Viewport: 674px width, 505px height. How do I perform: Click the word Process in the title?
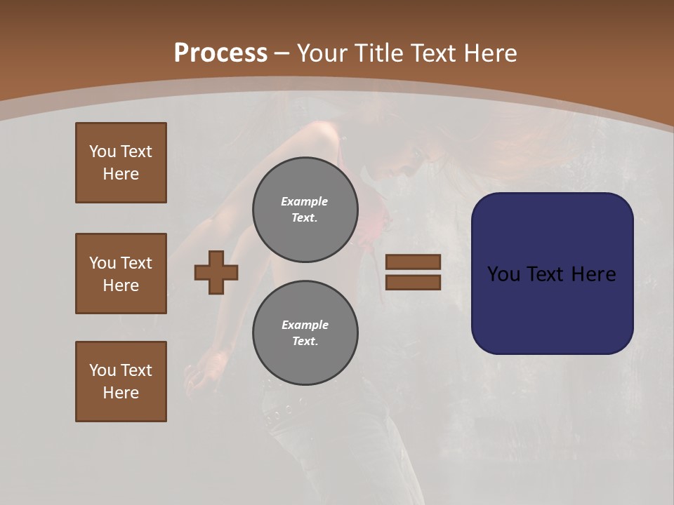tap(220, 53)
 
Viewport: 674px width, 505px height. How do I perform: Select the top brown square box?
tap(121, 163)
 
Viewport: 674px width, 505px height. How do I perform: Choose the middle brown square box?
tap(121, 274)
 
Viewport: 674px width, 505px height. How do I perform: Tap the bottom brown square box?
tap(121, 382)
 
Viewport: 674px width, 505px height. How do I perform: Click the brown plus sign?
tap(216, 272)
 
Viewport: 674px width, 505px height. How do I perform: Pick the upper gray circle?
tap(305, 210)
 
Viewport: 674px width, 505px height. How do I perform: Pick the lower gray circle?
tap(305, 333)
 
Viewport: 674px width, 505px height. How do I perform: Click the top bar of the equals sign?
tap(413, 262)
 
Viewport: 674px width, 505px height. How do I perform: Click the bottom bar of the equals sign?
tap(413, 282)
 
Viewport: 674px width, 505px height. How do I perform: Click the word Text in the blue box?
tap(547, 274)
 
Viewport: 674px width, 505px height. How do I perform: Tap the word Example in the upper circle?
tap(304, 201)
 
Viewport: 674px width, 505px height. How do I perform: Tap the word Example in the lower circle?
tap(305, 325)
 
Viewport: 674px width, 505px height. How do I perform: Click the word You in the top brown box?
tap(103, 151)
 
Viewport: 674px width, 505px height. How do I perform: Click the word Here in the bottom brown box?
tap(121, 393)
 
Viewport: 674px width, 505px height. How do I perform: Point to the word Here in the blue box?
tap(593, 274)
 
